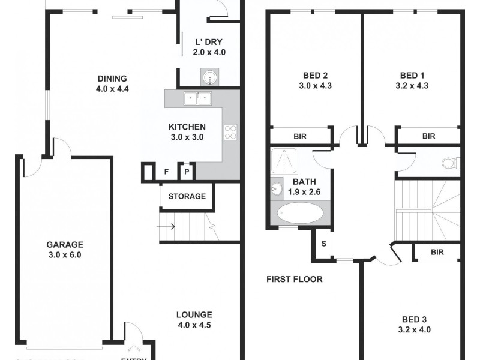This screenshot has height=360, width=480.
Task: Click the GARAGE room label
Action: click(64, 245)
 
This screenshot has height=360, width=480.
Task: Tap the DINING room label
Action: click(112, 79)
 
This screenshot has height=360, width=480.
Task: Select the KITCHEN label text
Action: click(187, 127)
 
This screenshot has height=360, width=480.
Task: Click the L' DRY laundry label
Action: click(209, 42)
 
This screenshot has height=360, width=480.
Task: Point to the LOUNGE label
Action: click(194, 315)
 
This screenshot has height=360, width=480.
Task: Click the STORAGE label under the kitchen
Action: click(187, 196)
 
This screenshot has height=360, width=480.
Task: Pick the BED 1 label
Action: click(412, 76)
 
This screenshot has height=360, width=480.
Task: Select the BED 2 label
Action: click(315, 76)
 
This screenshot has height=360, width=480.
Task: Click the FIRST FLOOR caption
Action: click(295, 279)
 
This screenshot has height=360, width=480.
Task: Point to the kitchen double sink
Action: click(196, 98)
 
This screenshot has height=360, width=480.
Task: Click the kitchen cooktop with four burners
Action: click(230, 131)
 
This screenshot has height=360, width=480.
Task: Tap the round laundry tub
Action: click(209, 77)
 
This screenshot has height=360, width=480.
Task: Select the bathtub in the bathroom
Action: click(300, 213)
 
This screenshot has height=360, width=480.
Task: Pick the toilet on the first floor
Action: click(449, 163)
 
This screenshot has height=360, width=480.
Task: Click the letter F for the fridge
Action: click(166, 172)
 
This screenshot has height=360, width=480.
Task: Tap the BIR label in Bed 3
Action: click(437, 252)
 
